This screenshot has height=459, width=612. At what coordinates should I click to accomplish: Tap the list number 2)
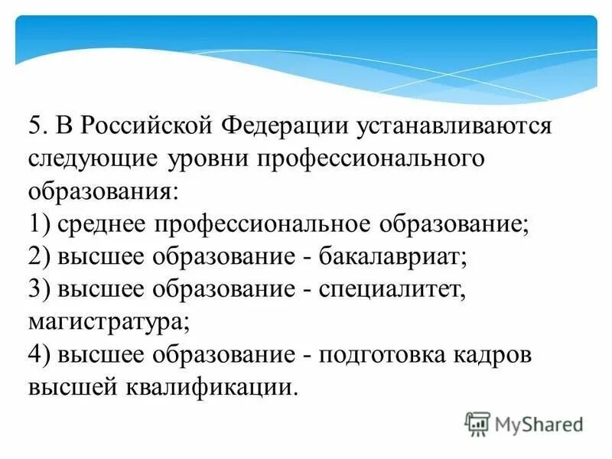tap(40, 256)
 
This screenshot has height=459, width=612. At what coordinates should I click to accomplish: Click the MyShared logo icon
tap(477, 423)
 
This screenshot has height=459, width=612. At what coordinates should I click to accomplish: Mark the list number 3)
tap(40, 289)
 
